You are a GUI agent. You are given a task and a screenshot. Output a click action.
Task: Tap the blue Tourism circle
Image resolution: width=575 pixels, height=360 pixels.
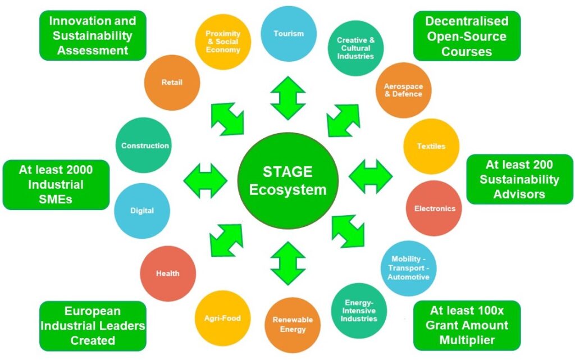pyautogui.click(x=289, y=34)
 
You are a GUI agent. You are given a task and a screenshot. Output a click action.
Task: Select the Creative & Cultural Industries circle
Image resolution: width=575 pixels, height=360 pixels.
pyautogui.click(x=355, y=48)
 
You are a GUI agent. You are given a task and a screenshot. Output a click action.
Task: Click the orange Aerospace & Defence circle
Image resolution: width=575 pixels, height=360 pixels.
pyautogui.click(x=403, y=90)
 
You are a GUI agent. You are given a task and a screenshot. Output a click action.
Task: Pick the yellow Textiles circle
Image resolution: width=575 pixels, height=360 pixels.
pyautogui.click(x=431, y=146)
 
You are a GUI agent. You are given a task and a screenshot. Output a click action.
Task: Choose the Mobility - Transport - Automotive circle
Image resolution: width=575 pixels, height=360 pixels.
pyautogui.click(x=410, y=268)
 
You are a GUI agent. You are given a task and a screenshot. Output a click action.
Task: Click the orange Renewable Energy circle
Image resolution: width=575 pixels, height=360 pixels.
pyautogui.click(x=293, y=324)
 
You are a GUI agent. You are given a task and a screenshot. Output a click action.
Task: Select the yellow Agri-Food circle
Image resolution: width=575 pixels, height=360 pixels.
pyautogui.click(x=222, y=318)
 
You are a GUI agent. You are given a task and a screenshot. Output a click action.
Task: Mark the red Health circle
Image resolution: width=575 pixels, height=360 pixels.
pyautogui.click(x=168, y=274)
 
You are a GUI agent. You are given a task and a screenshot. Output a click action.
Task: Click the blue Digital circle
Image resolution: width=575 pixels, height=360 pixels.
pyautogui.click(x=142, y=211)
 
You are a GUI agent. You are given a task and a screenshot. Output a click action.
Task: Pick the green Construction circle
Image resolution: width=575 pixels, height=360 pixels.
pyautogui.click(x=145, y=145)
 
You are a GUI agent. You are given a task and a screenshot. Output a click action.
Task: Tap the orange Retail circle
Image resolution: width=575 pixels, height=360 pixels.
pyautogui.click(x=172, y=83)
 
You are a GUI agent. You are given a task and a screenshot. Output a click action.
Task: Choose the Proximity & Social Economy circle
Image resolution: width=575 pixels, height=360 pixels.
pyautogui.click(x=223, y=42)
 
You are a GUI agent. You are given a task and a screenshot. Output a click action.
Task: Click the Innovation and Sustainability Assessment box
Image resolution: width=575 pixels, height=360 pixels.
pyautogui.click(x=93, y=35)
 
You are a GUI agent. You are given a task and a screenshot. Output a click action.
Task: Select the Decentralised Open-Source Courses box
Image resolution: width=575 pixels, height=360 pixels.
pyautogui.click(x=467, y=36)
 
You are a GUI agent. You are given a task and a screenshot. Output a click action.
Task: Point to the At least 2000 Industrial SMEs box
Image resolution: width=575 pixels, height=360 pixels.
pyautogui.click(x=56, y=185)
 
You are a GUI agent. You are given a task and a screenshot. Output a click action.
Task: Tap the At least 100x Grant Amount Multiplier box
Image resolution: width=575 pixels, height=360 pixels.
pyautogui.click(x=467, y=325)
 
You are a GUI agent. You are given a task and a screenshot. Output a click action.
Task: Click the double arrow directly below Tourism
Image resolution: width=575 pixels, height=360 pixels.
pyautogui.click(x=288, y=98)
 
